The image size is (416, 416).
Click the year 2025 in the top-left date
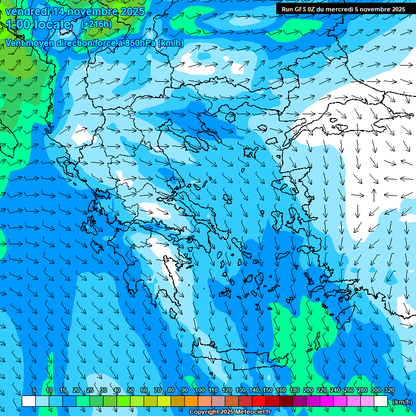131,11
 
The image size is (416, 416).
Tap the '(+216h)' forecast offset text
96,24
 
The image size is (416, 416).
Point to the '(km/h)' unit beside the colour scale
402,402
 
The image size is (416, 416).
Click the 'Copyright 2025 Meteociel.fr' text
230,412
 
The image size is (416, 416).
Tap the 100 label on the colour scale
199,391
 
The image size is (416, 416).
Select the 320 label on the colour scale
389,391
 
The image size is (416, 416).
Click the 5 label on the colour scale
34,391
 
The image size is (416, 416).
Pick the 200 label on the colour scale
308,391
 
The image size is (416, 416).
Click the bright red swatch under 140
259,401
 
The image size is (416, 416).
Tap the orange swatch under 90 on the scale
191,401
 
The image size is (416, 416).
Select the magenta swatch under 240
340,401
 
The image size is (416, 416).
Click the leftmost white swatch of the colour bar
29,401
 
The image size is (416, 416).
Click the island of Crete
238,355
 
